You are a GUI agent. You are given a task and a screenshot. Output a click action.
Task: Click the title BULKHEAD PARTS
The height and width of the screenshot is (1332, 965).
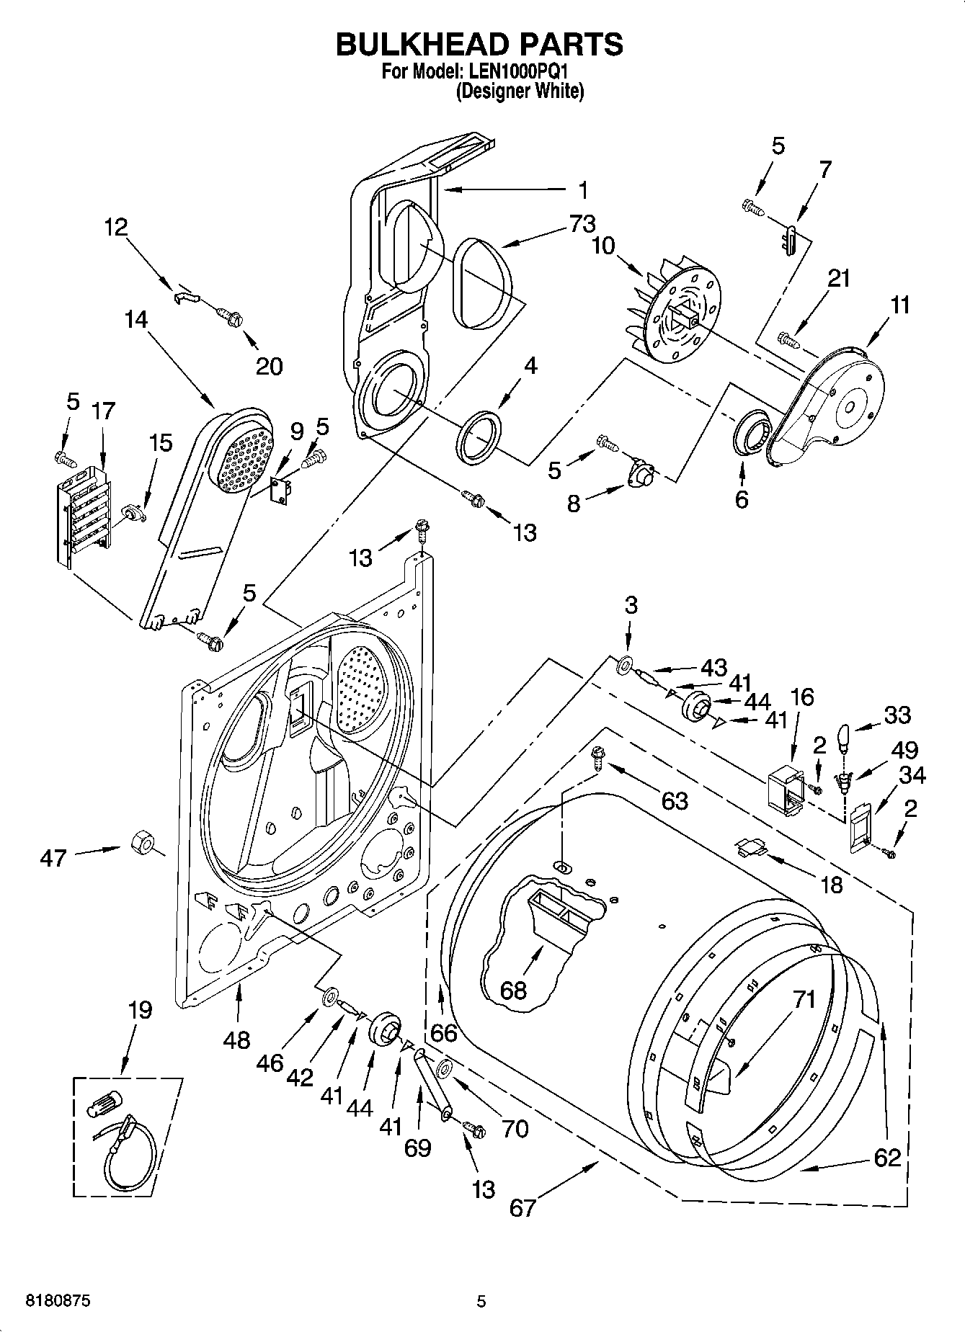[x=479, y=44]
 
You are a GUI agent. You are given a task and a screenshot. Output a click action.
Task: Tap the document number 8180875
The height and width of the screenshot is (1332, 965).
[x=58, y=1301]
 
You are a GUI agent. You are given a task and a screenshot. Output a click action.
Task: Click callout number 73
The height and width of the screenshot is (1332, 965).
[x=582, y=224]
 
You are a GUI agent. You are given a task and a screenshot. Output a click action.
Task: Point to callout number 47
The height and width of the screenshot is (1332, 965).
[x=53, y=858]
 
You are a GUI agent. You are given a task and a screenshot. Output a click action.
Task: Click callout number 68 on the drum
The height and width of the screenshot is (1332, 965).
[x=513, y=990]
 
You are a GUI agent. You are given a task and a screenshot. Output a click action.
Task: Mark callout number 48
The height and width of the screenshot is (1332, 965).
[x=237, y=1040]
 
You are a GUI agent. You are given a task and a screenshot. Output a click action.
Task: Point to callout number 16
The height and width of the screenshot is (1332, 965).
[x=801, y=697]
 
